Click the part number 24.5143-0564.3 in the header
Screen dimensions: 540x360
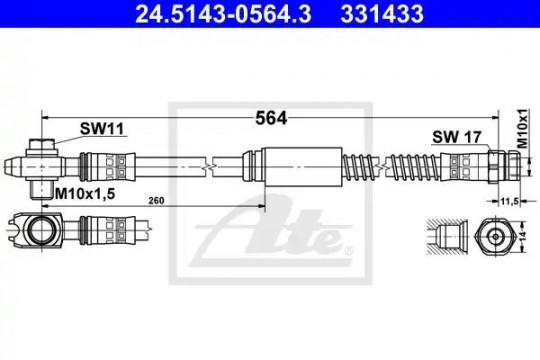[x=223, y=13]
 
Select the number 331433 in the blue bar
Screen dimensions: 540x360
[x=382, y=13]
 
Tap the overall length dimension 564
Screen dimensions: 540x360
[x=271, y=119]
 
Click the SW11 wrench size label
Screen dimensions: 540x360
[x=102, y=129]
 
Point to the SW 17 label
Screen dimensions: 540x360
[x=456, y=137]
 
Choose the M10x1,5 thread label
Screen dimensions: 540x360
[x=85, y=194]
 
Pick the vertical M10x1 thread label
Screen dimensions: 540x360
[x=522, y=129]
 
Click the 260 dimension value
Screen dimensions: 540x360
[x=156, y=200]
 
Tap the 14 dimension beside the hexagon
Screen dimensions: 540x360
[x=522, y=237]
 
